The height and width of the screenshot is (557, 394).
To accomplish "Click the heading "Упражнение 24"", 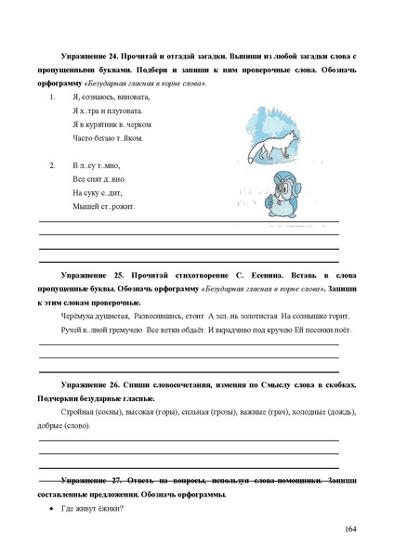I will pos(94,58).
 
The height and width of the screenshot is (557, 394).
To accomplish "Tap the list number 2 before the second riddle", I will pos(52,165).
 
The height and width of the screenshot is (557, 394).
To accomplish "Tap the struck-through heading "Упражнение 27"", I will pos(94,481).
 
